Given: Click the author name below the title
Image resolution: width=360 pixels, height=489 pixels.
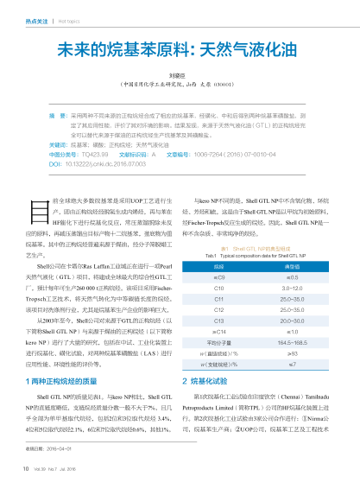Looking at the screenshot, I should (x=179, y=76).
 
